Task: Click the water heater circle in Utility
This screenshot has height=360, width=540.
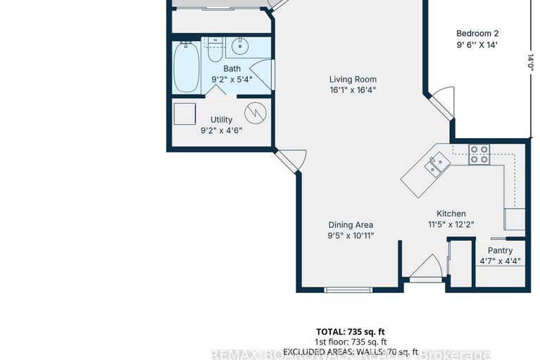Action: pos(255,112)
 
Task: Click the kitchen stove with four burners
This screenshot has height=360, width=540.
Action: pos(479,154)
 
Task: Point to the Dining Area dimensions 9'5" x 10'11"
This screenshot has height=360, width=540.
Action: pos(351,235)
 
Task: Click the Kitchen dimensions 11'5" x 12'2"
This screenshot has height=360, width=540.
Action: pos(451,225)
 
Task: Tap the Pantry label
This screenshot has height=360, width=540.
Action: pos(500,250)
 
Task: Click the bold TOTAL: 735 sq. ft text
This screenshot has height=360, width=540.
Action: pos(351,331)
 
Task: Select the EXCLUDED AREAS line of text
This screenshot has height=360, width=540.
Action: pos(351,352)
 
